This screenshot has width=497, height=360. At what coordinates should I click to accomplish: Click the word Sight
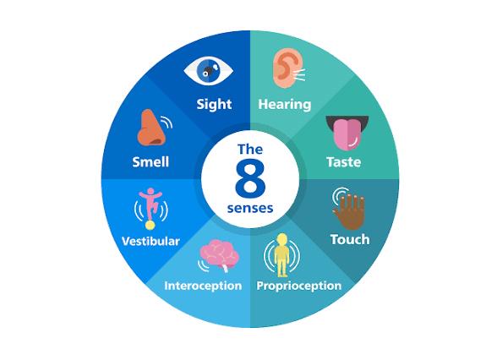pyautogui.click(x=214, y=104)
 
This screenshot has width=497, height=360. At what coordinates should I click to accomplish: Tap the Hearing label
pyautogui.click(x=285, y=104)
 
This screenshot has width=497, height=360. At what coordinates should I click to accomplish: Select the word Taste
pyautogui.click(x=343, y=162)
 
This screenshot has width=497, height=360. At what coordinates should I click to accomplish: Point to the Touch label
pyautogui.click(x=350, y=240)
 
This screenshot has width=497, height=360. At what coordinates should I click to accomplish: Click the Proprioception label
pyautogui.click(x=299, y=286)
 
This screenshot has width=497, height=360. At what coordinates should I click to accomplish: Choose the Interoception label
pyautogui.click(x=203, y=286)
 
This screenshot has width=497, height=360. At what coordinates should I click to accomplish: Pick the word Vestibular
pyautogui.click(x=150, y=242)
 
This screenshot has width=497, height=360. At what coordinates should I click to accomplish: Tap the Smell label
pyautogui.click(x=150, y=162)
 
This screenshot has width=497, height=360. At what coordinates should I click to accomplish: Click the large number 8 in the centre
pyautogui.click(x=250, y=178)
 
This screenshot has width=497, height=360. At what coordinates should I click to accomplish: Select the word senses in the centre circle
pyautogui.click(x=250, y=209)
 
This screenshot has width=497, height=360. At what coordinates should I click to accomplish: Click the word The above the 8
pyautogui.click(x=250, y=150)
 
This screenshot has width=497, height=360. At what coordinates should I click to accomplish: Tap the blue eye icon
pyautogui.click(x=209, y=71)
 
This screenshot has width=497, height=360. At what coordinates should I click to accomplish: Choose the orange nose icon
pyautogui.click(x=150, y=128)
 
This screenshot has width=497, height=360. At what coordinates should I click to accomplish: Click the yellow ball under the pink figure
pyautogui.click(x=150, y=225)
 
